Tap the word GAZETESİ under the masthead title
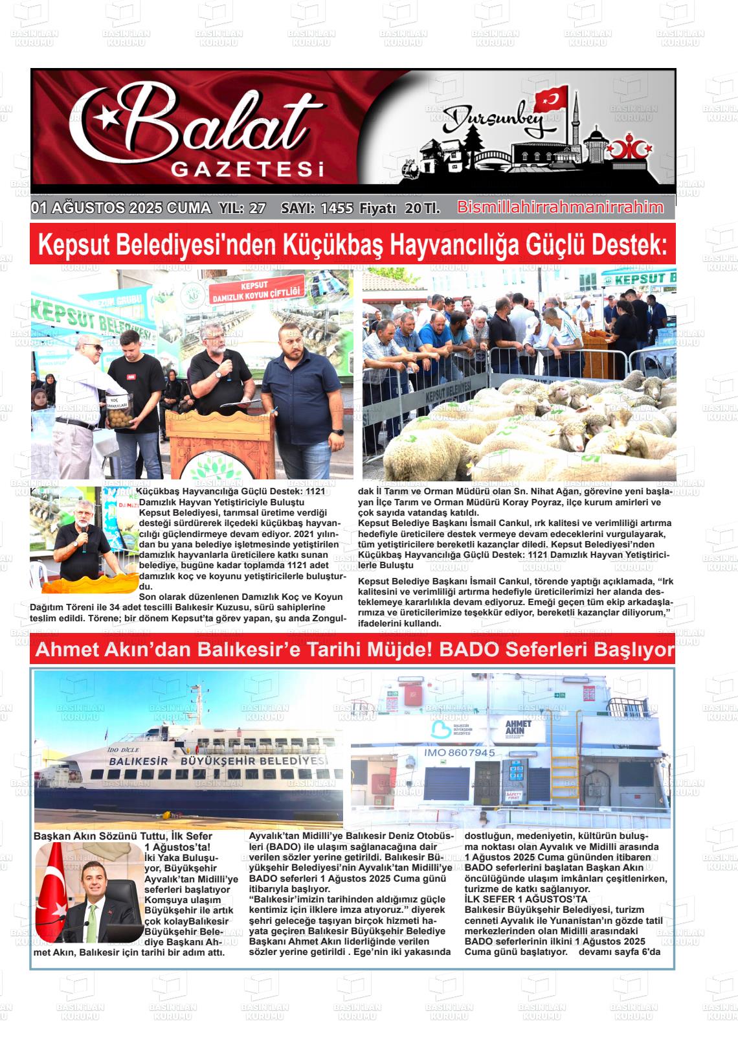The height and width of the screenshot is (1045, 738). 247,170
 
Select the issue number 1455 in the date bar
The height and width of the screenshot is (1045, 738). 337,209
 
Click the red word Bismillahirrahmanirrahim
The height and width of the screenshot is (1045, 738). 560,208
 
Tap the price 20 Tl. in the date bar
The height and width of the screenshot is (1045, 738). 422,209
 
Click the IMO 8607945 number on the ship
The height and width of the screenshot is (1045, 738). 459,753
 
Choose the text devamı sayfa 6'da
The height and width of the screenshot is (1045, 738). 619,952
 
